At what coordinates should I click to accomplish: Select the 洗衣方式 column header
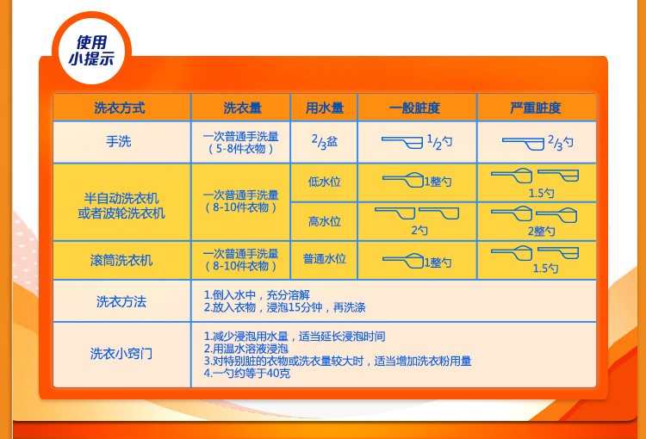pos(120,108)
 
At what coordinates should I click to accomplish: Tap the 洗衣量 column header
pos(240,108)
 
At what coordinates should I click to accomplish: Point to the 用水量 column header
pos(324,108)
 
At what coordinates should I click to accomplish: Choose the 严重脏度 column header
pos(535,108)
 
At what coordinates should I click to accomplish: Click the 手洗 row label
pos(120,141)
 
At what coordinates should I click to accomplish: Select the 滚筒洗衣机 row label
pos(121,259)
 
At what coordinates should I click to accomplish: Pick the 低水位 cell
pos(324,182)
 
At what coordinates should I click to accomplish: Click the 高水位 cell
pos(324,222)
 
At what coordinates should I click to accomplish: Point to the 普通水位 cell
pos(324,258)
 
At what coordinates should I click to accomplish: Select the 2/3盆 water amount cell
pos(324,141)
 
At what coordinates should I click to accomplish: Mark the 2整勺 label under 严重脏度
pos(541,231)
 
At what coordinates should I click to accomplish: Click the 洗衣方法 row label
pos(121,301)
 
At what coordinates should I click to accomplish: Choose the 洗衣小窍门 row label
pos(121,354)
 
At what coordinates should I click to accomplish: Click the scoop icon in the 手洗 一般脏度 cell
pos(401,140)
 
